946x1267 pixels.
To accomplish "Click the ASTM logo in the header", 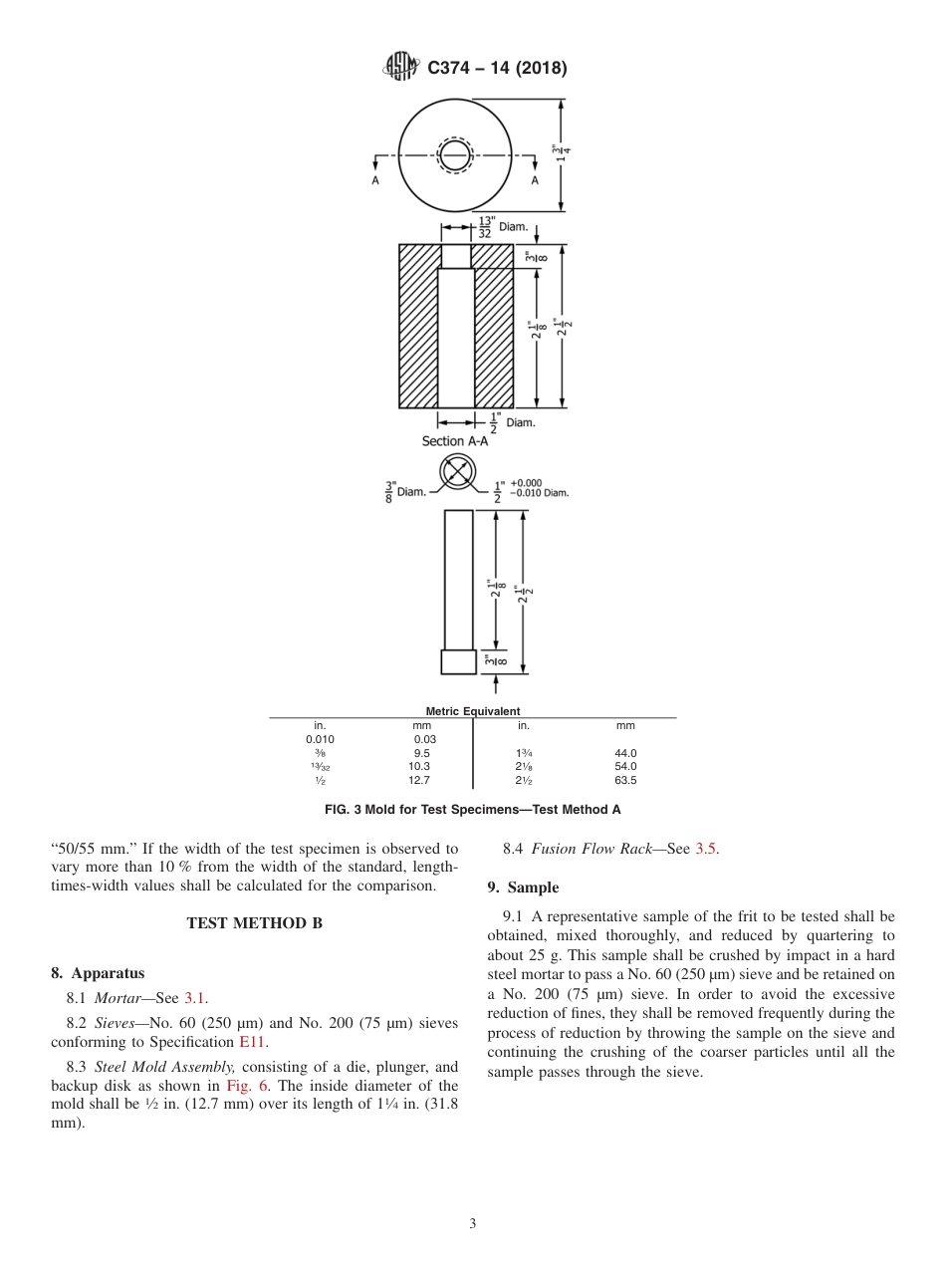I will pos(402,68).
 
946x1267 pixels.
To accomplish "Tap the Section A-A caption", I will pos(455,441).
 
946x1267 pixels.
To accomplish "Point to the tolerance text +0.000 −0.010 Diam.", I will pos(539,488).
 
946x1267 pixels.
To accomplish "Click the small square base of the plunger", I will pos(458,661).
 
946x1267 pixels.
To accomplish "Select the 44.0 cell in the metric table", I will pos(625,754).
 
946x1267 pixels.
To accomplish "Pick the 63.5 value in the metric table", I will pos(625,780).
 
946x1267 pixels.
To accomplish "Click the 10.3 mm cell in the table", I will pos(419,767).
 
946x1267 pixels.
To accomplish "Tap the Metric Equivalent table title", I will pos(472,711).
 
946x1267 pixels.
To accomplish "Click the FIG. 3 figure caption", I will pos(472,810).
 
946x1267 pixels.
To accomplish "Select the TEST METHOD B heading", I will pos(255,923).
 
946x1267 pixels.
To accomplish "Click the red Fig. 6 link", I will pos(244,1086).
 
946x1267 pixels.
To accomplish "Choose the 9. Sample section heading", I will pos(523,887).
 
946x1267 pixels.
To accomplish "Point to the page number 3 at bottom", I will pos(473,1224).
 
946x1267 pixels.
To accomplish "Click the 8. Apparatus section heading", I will pos(98,973).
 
